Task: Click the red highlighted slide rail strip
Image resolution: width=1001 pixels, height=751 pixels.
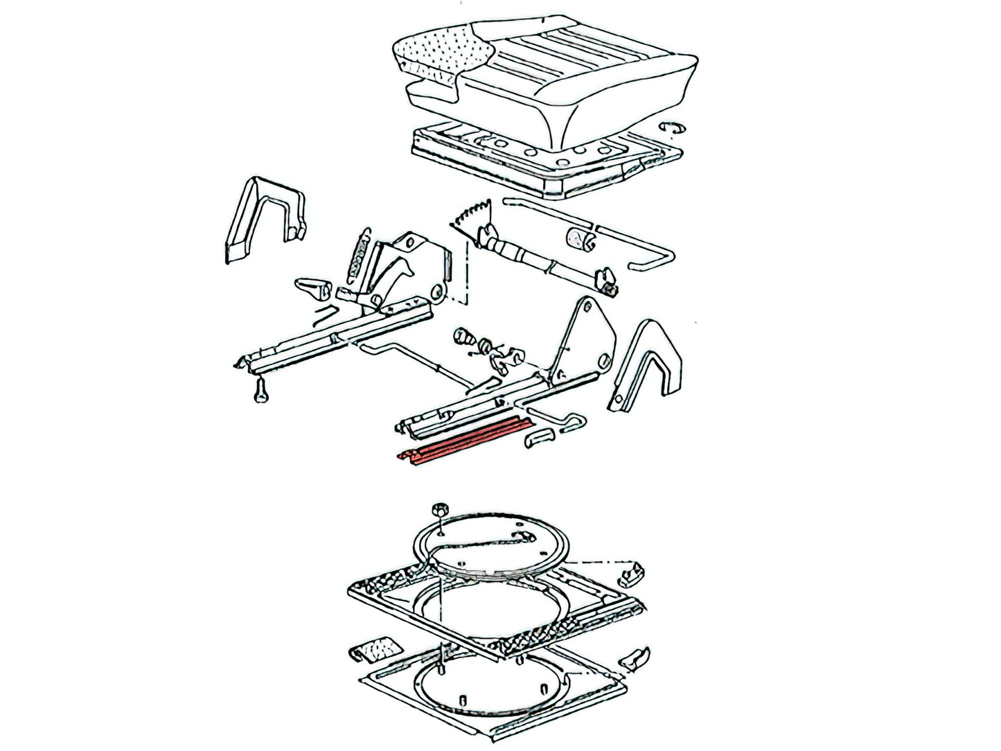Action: coord(464,447)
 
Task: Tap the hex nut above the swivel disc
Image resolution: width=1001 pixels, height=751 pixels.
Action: coord(437,511)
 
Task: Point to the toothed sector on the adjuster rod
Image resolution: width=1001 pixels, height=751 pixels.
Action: coord(472,214)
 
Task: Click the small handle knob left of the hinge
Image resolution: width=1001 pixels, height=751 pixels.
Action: coord(311,286)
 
